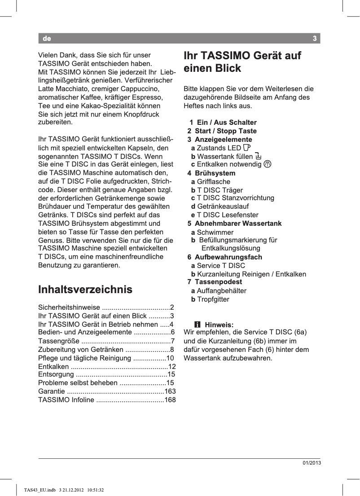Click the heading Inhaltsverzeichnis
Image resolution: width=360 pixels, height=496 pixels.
[x=85, y=290]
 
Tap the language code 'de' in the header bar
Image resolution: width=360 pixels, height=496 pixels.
[x=47, y=39]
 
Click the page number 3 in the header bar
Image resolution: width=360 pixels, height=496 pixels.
[x=315, y=39]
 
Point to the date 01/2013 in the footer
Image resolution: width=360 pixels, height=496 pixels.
[x=311, y=463]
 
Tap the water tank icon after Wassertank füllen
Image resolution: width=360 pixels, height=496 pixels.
[x=257, y=156]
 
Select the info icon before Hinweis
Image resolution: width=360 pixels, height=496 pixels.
[x=196, y=325]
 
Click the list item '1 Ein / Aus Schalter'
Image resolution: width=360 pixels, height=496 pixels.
[x=223, y=123]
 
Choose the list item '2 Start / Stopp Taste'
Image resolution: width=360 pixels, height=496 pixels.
[x=222, y=131]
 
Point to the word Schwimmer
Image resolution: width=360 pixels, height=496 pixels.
[x=215, y=233]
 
